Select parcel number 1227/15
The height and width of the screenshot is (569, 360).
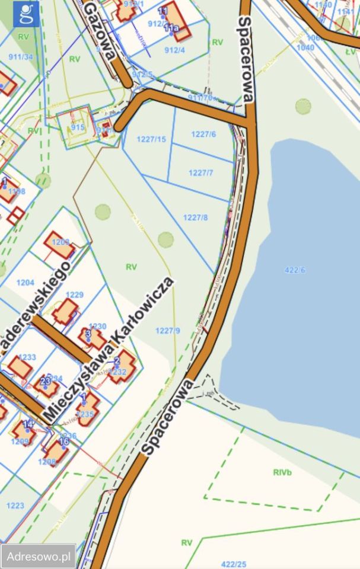[151, 139]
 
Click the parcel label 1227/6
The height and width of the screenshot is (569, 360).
[203, 135]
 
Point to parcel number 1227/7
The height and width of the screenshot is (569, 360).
[200, 172]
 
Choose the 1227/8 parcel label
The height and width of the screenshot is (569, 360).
[195, 218]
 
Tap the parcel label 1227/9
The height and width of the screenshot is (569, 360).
[167, 330]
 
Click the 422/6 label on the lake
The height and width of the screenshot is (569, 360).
[295, 270]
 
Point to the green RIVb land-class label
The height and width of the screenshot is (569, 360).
[283, 472]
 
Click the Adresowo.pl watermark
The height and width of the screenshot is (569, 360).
[39, 557]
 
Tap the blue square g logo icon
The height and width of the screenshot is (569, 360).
[26, 14]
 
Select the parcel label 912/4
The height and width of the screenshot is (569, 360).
[175, 50]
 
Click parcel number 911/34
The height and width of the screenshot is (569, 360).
[21, 57]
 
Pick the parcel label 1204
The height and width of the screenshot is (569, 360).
[26, 283]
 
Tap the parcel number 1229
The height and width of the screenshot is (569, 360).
[75, 295]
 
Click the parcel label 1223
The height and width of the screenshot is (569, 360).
[15, 505]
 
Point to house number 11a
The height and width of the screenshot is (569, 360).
[171, 28]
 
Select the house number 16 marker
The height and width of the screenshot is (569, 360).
[64, 442]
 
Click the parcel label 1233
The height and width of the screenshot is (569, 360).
[27, 357]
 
